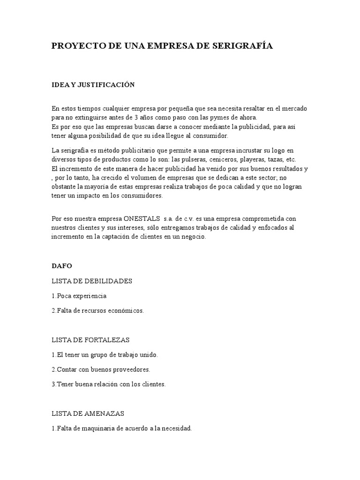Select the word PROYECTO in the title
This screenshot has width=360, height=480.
click(x=75, y=46)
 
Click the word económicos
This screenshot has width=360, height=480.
click(x=127, y=310)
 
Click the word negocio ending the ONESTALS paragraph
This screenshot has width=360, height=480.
click(x=193, y=237)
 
